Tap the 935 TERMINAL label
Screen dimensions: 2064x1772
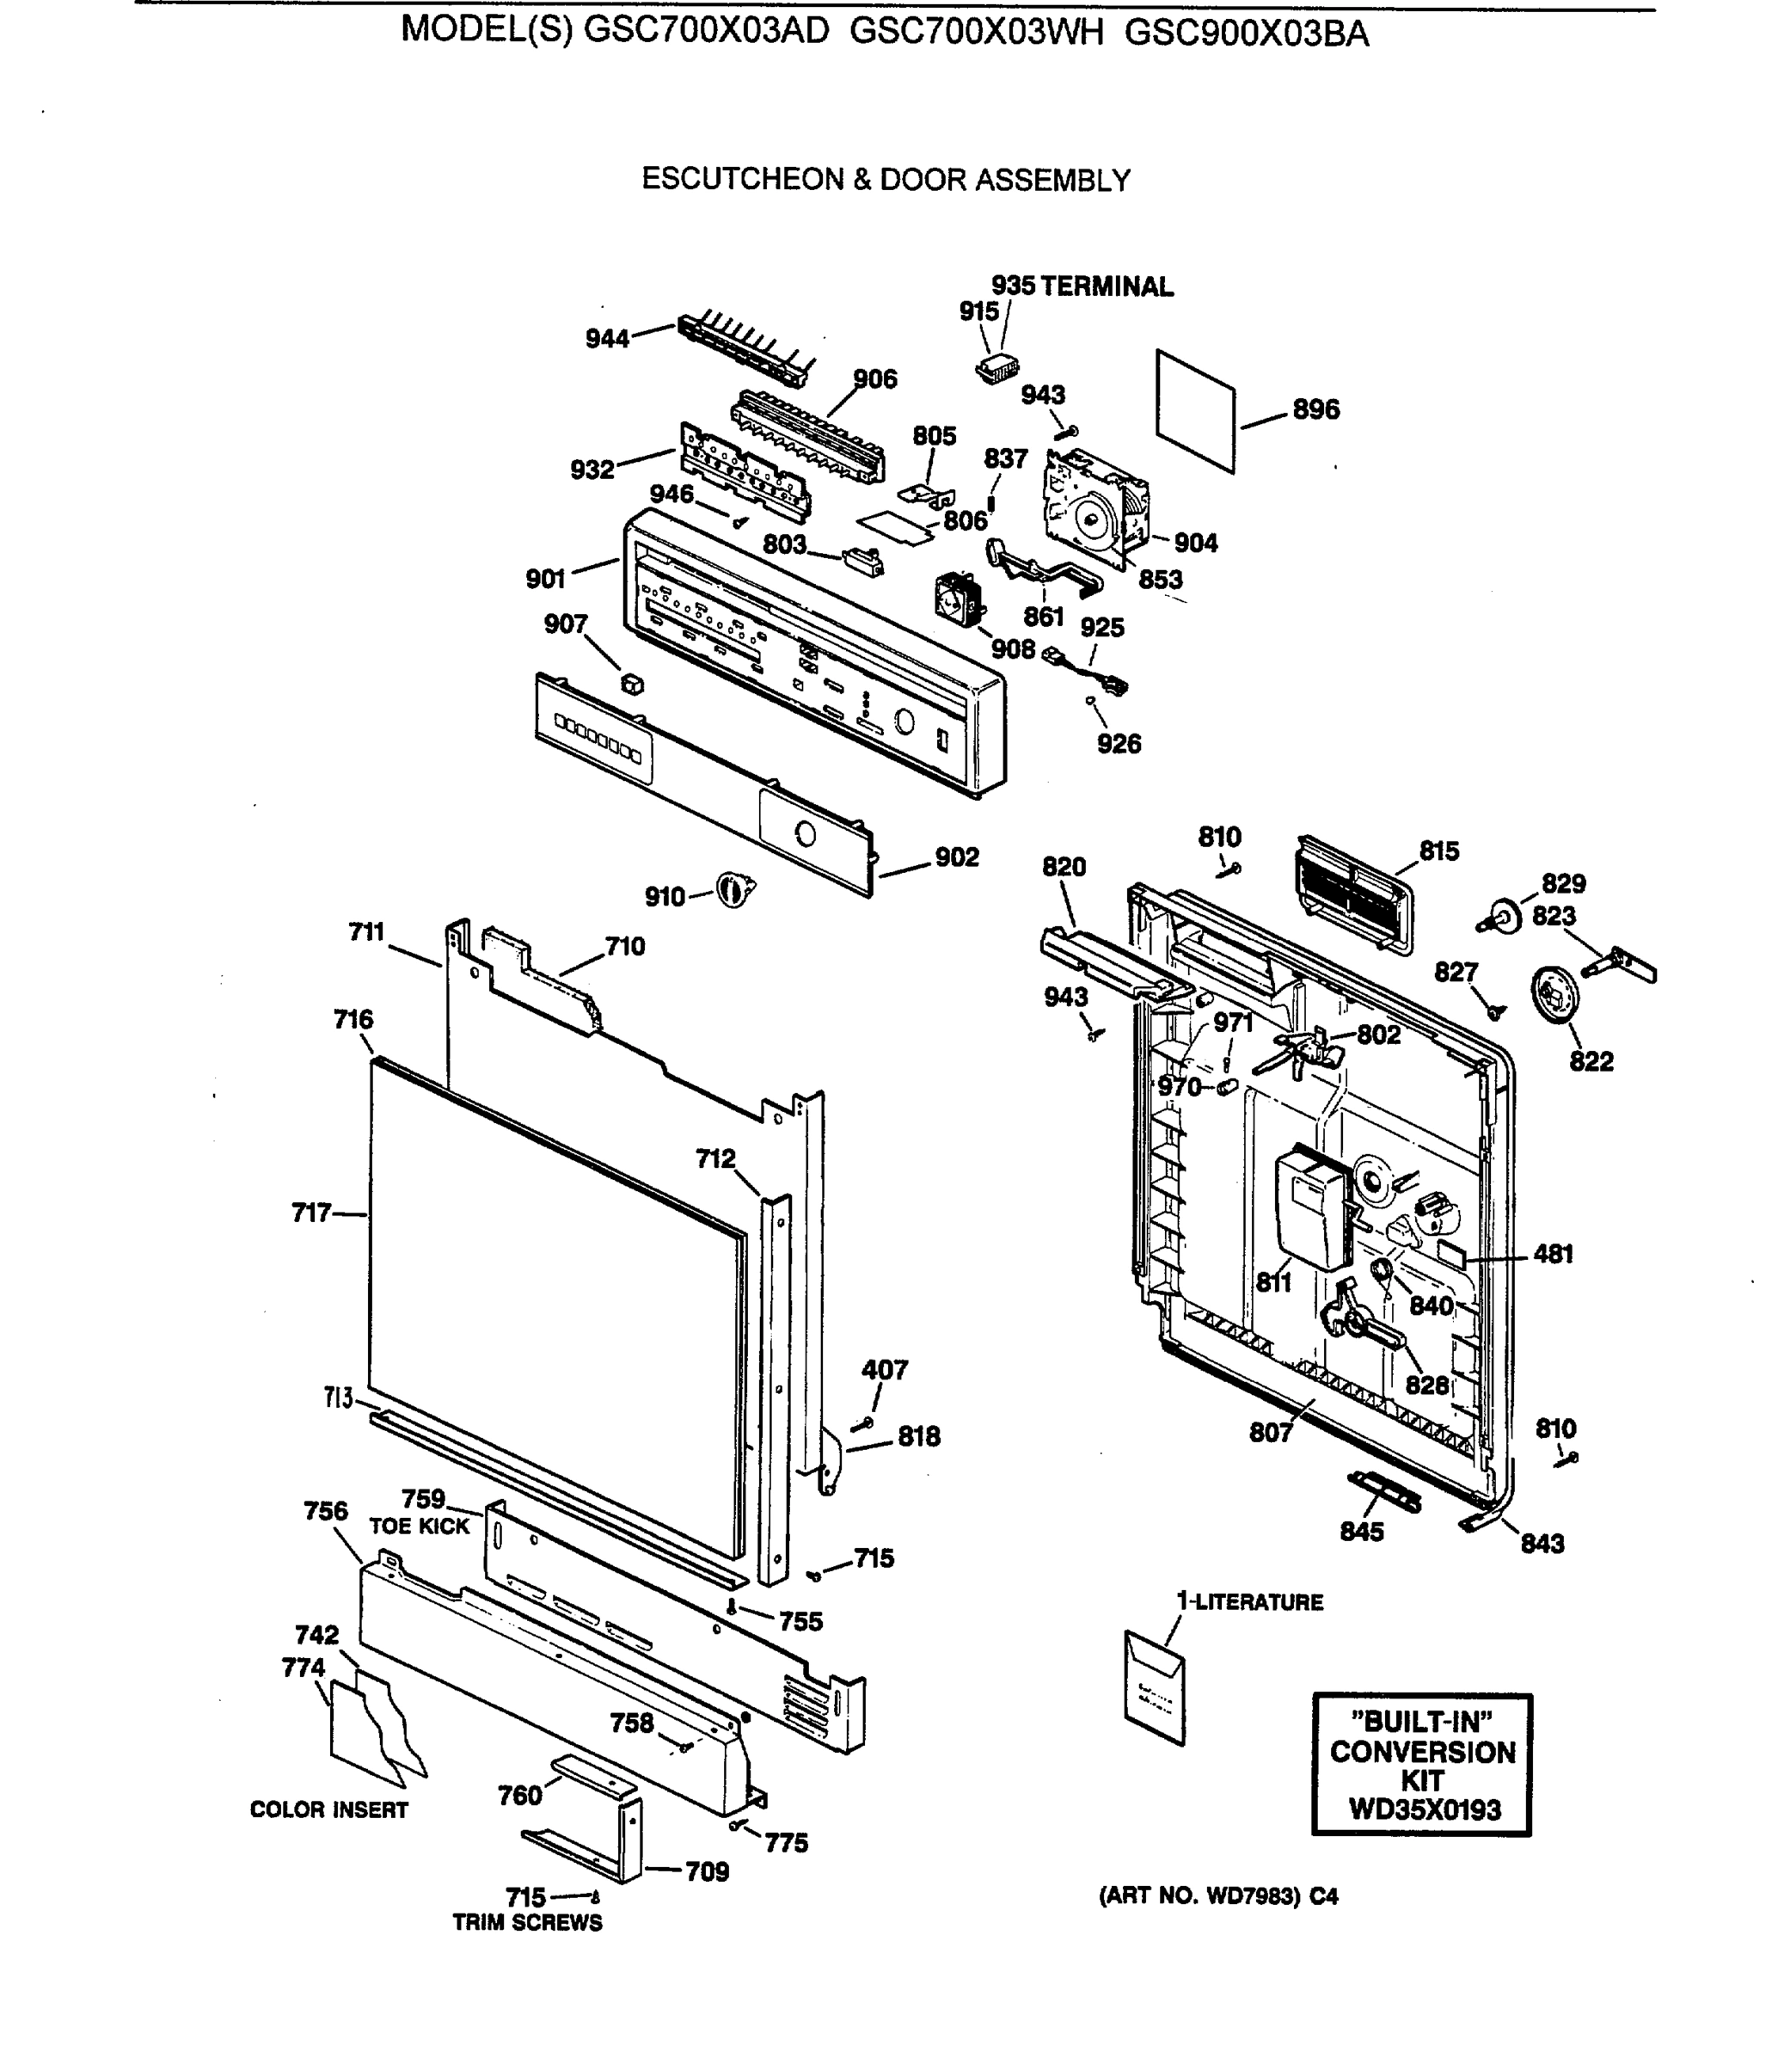(1082, 287)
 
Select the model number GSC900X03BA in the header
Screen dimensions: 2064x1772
(1246, 34)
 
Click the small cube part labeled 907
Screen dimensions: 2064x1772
(631, 685)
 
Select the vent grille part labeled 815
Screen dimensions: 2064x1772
(1353, 894)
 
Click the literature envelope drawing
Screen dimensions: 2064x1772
(1155, 1686)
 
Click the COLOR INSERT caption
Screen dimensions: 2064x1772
(328, 1810)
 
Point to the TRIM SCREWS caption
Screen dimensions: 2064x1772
(527, 1924)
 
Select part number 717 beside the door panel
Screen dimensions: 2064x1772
(310, 1213)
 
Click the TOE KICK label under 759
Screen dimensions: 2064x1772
(419, 1526)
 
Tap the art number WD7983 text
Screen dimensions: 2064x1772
(1217, 1896)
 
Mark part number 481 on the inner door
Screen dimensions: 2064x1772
(1552, 1253)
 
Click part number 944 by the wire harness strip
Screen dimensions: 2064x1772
(607, 339)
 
